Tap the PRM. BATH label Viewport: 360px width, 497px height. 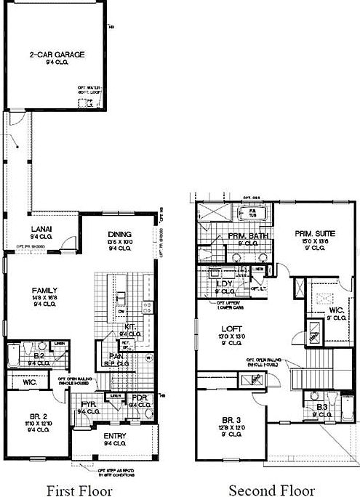(x=245, y=236)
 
